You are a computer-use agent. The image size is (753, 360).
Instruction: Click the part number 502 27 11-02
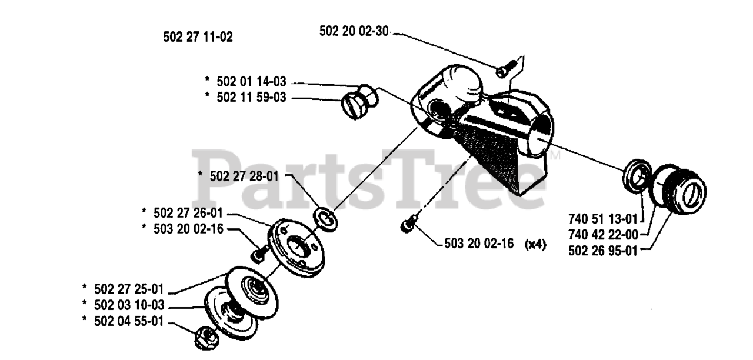click(198, 37)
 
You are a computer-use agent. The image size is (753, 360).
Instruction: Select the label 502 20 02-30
click(354, 31)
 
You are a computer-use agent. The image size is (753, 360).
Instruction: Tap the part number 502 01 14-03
click(251, 81)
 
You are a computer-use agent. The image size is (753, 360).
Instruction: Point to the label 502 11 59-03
click(251, 97)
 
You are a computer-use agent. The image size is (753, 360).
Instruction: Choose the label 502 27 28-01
click(244, 176)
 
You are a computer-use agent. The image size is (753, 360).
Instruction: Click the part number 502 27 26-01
click(188, 213)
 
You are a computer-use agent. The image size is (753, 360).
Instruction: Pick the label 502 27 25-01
click(129, 289)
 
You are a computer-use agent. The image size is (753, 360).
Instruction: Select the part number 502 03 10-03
click(129, 305)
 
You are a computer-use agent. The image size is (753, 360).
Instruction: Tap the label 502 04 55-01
click(129, 321)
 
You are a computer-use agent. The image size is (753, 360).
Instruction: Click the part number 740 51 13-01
click(603, 219)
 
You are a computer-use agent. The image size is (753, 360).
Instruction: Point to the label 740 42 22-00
click(603, 235)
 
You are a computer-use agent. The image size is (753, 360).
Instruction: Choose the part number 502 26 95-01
click(603, 251)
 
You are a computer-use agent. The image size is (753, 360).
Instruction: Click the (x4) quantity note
click(535, 244)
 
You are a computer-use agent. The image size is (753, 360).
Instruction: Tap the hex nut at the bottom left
click(206, 338)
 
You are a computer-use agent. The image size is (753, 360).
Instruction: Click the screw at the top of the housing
click(507, 69)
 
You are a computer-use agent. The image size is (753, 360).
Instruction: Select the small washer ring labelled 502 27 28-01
click(325, 220)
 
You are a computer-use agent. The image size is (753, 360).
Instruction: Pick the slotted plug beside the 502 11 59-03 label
click(359, 101)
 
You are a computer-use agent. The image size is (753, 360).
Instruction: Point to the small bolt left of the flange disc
click(260, 254)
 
